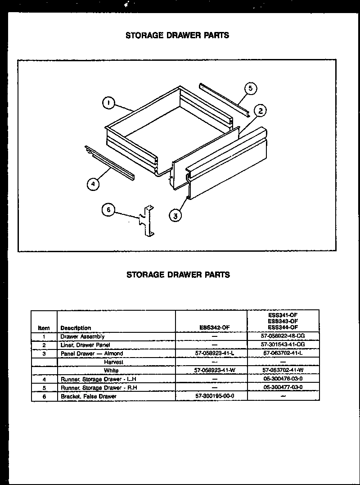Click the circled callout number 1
(108, 104)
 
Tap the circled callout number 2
(260, 111)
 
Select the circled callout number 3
(175, 216)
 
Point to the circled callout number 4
(93, 184)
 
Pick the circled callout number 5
(251, 89)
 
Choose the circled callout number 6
(108, 210)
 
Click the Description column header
(76, 328)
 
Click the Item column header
(44, 328)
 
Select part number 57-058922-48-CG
(283, 336)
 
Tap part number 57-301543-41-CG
(283, 345)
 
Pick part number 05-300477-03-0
(283, 387)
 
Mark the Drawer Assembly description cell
(82, 336)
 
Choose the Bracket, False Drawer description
(89, 396)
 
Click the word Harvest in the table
(113, 362)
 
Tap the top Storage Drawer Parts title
(177, 35)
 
